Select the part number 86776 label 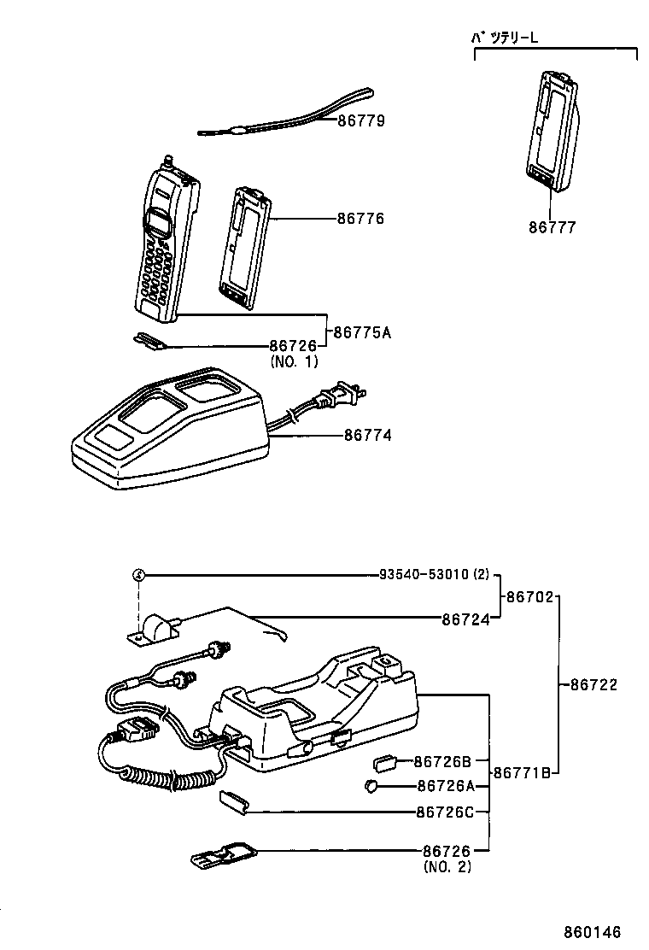click(360, 219)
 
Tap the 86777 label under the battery click(552, 227)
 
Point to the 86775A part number click(362, 332)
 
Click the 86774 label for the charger click(368, 436)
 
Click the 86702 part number click(530, 597)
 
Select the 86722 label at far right click(593, 684)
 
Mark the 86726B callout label click(443, 760)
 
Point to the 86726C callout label click(444, 811)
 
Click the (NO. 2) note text click(446, 866)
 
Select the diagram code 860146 click(591, 932)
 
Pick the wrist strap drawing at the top click(286, 114)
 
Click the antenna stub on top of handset click(168, 159)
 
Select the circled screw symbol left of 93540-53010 click(138, 576)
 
